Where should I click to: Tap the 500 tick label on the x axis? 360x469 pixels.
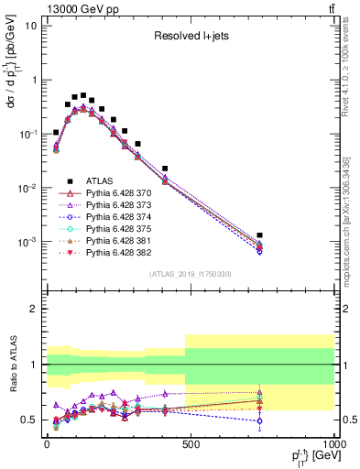click(x=191, y=444)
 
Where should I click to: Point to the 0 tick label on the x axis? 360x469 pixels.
click(x=47, y=444)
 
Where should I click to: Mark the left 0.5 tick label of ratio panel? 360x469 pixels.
click(x=31, y=420)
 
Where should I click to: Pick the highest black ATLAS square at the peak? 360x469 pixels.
click(x=83, y=95)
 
